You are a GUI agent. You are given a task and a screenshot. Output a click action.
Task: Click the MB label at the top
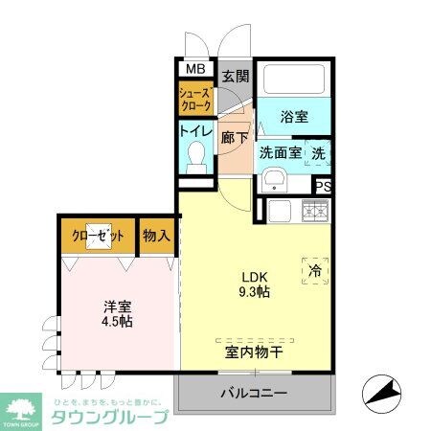[194, 69]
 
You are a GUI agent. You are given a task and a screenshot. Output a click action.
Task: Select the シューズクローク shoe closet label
[194, 100]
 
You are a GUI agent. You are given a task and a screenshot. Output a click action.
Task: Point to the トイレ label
[195, 131]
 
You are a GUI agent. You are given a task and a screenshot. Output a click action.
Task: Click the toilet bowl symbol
[196, 153]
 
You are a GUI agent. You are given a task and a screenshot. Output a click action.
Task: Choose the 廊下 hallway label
[234, 137]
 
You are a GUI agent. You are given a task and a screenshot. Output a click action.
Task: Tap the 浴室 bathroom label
[294, 117]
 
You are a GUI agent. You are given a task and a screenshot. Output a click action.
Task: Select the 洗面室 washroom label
[280, 152]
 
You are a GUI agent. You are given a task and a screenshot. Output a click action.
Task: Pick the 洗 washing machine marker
[319, 151]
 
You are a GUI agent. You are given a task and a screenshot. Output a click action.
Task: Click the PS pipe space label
[324, 188]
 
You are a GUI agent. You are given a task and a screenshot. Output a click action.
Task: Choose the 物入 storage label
[157, 235]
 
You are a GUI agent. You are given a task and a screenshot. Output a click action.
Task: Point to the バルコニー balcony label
[254, 394]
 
